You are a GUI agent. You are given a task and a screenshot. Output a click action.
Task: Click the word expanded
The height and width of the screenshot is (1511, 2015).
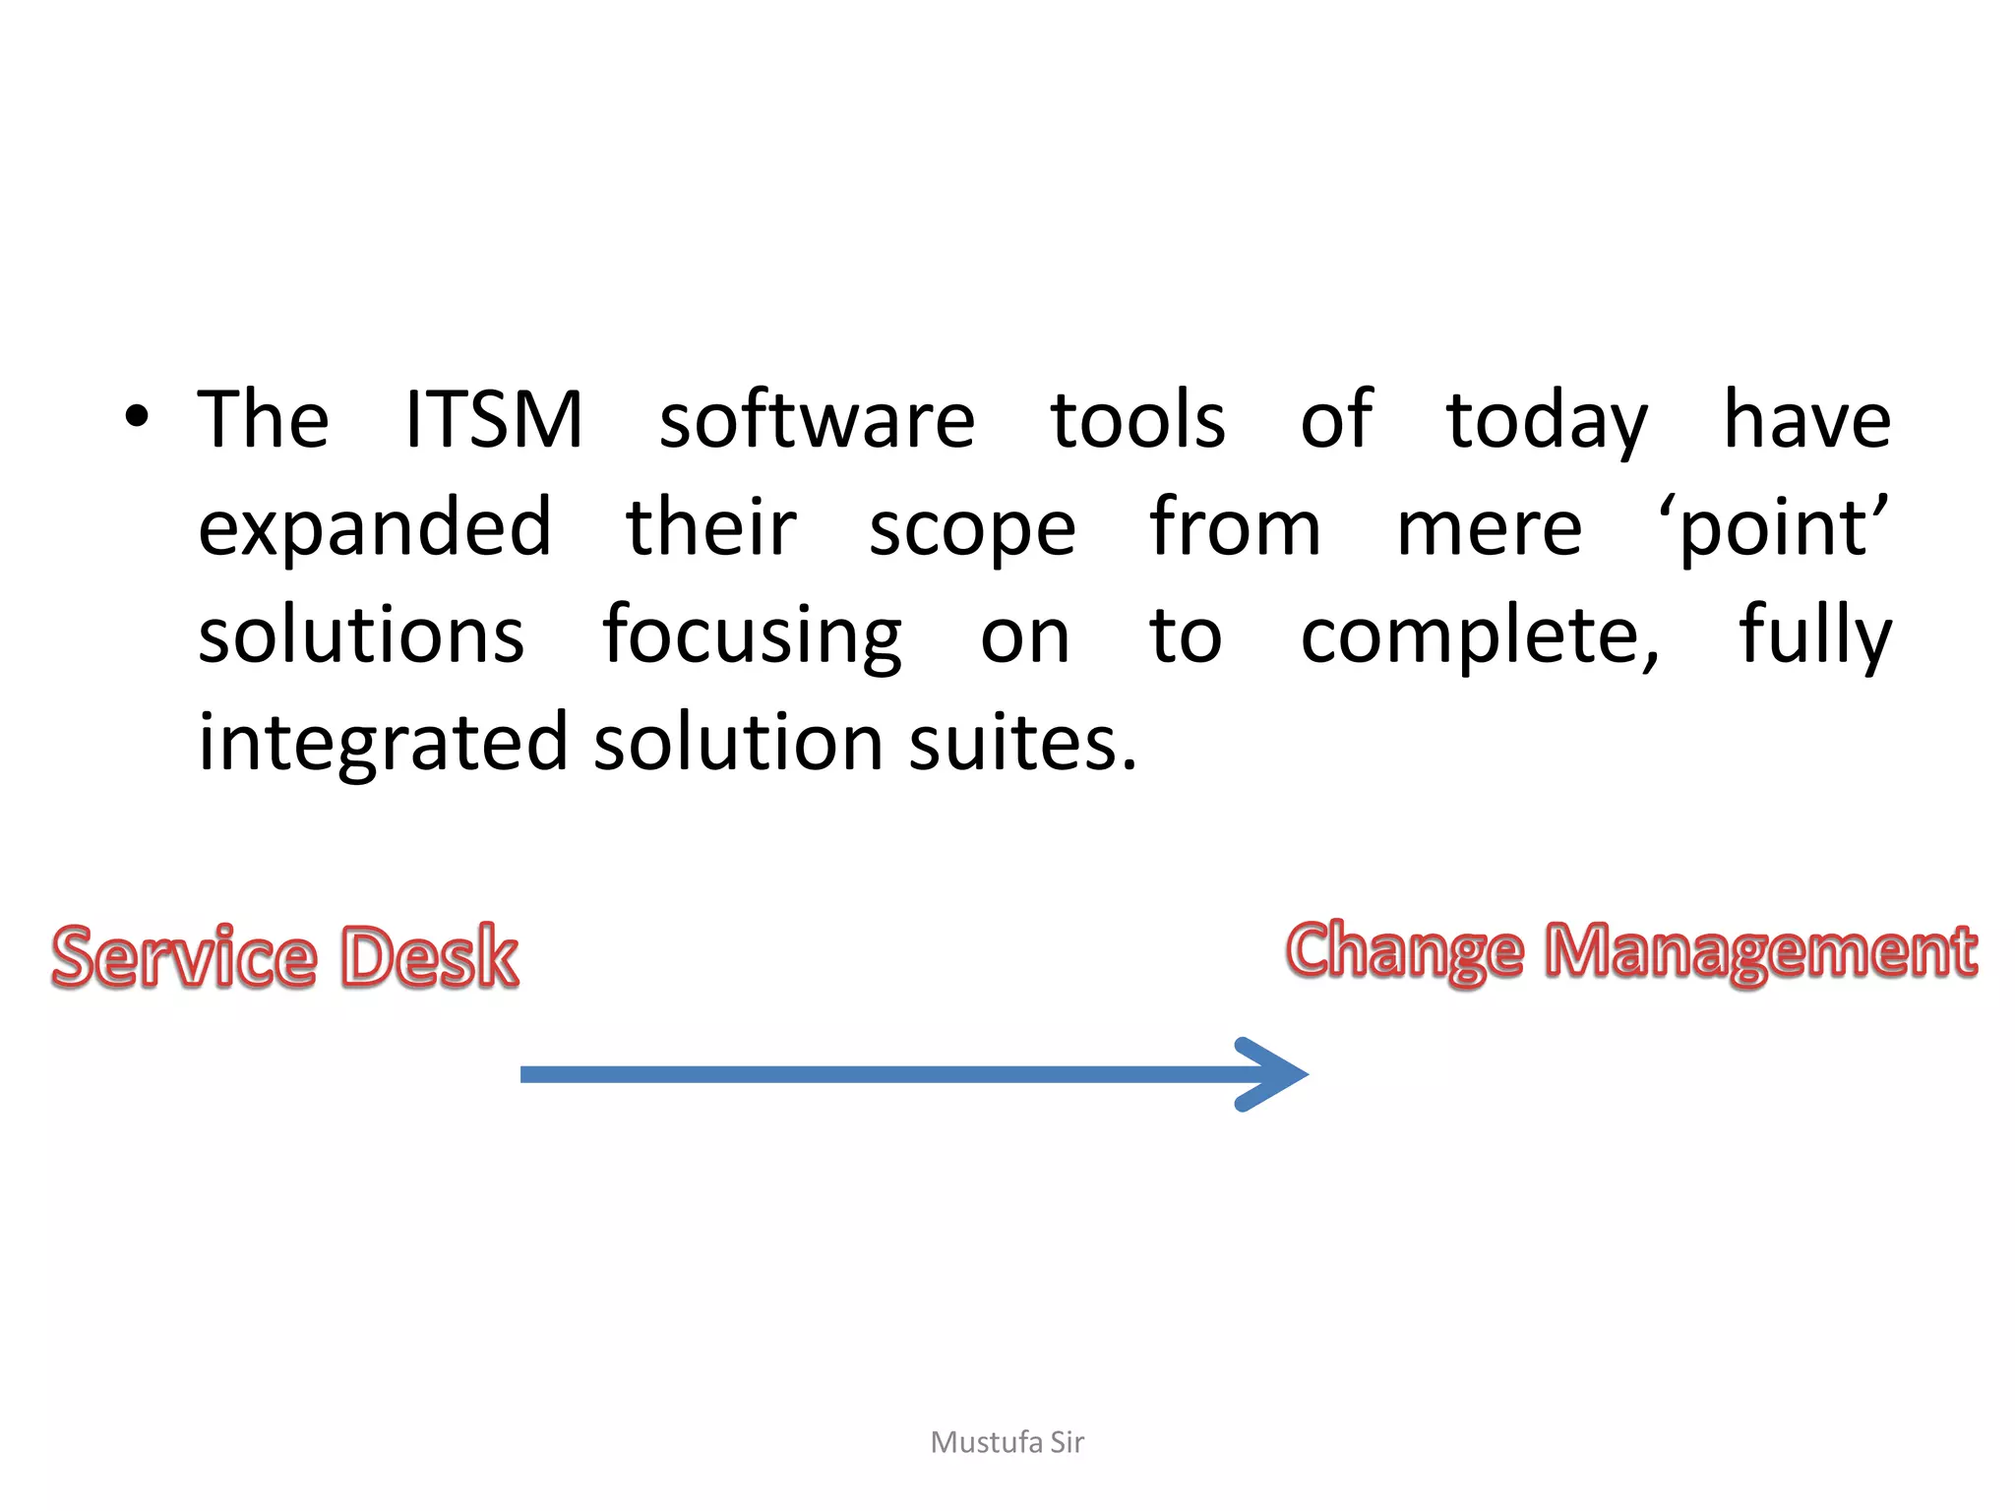pos(375,529)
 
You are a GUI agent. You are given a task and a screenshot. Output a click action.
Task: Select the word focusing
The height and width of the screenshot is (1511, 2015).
pos(752,637)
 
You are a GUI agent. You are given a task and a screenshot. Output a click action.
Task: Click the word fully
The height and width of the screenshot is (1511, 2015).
pos(1814,635)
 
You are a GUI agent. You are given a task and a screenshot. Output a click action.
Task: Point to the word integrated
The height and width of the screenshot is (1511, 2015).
pos(383,744)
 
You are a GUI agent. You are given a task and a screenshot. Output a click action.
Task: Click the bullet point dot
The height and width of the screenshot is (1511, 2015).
pos(137,417)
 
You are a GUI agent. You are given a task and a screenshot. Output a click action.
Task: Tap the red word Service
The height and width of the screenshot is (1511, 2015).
pos(185,956)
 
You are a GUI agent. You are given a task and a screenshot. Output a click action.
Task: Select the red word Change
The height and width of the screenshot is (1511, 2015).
pos(1405,952)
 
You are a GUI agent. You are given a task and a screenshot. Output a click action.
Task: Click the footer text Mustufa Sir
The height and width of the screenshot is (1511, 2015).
pos(1007,1442)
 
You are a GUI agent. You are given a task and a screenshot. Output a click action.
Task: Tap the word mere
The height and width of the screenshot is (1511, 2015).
pos(1489,529)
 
